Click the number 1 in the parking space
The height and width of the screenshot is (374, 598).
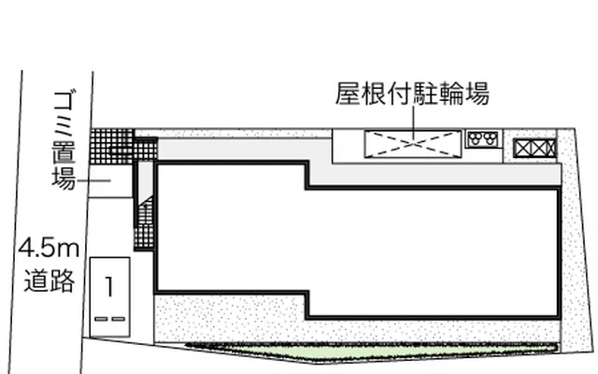click(109, 287)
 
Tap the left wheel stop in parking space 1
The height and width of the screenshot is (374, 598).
click(101, 319)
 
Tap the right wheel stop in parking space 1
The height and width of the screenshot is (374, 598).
click(119, 319)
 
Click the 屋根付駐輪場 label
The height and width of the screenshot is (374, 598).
click(412, 93)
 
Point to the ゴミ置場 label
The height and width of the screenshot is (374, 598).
click(64, 140)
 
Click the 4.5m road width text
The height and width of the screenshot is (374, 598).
click(49, 248)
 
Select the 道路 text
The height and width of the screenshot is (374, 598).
click(50, 280)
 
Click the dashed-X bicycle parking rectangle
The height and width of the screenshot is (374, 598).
click(413, 144)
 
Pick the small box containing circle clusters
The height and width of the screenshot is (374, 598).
click(483, 139)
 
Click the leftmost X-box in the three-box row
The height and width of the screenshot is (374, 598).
click(522, 149)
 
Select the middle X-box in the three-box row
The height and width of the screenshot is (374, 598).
click(538, 149)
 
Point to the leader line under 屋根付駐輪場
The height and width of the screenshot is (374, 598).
click(413, 122)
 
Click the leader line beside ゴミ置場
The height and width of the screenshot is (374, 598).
click(93, 180)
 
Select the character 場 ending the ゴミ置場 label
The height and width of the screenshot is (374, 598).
click(64, 179)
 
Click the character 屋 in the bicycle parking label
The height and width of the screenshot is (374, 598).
click(348, 93)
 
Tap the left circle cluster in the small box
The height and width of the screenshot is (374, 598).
click(476, 138)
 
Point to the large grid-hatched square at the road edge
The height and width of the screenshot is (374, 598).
click(112, 147)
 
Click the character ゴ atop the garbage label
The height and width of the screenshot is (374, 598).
click(64, 101)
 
